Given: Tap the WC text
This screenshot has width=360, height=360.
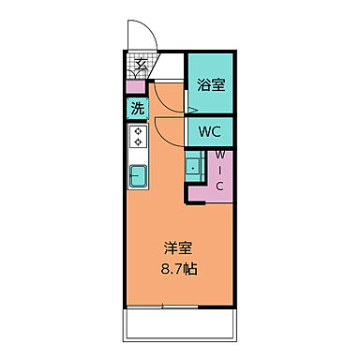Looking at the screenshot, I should pos(210,131).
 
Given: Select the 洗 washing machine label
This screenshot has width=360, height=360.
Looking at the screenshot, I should pos(137,108).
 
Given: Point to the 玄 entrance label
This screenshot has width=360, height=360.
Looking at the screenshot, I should pos(139,66).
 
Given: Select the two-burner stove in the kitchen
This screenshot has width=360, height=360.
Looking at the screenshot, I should pos(138,138).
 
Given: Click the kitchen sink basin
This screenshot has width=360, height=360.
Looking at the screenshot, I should pos(138,173).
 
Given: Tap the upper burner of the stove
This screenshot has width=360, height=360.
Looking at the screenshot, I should pos(138,132).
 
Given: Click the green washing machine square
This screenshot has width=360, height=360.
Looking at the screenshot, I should pos(137,108).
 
